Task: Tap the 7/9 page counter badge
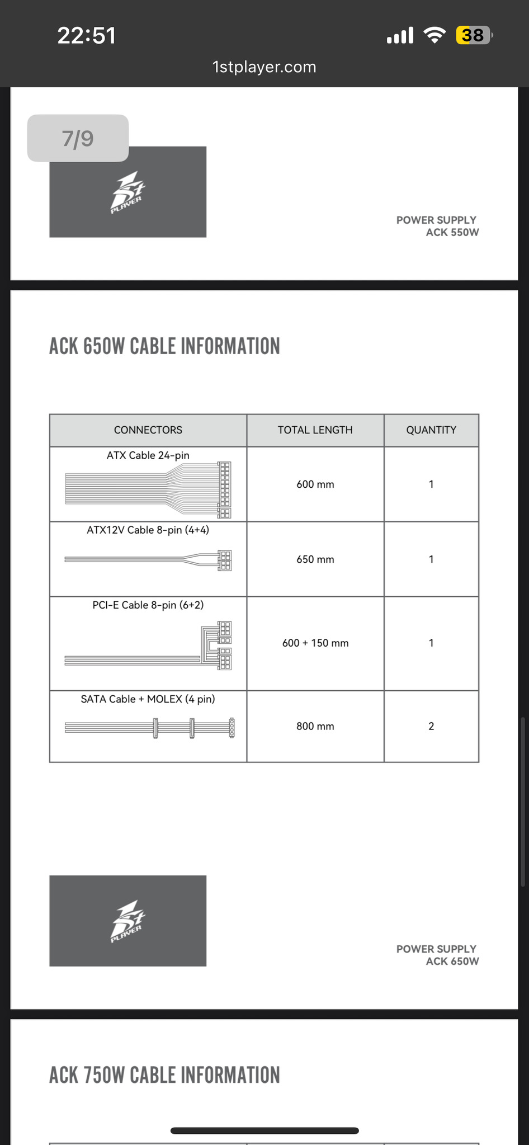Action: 78,138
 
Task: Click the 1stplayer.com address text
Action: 264,67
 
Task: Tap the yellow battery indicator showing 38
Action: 473,36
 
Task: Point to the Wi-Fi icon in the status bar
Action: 434,35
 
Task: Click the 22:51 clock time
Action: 87,36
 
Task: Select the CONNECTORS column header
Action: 148,430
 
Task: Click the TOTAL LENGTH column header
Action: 315,430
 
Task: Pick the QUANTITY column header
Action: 431,430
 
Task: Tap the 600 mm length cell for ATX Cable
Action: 315,484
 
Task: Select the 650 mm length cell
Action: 315,559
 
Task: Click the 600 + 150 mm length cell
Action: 315,643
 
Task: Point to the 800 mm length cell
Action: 315,727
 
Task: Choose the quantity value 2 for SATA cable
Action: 431,727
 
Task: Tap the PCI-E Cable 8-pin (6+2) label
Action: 148,605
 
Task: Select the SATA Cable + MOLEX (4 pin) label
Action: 148,699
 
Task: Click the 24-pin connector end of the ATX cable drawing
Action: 224,490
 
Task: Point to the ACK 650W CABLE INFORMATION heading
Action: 164,346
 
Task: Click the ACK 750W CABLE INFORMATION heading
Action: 164,1075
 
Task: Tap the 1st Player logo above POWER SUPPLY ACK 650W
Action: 127,921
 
